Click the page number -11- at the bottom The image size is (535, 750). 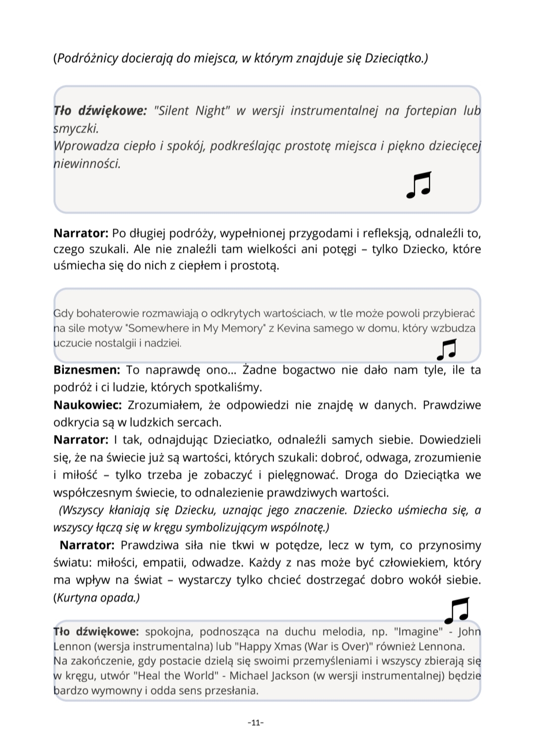255,723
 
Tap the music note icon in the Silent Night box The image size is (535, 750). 419,185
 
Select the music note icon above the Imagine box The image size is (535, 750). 456,610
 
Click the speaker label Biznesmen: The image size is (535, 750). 87,370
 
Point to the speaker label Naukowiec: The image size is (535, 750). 88,405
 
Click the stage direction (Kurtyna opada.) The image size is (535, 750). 97,598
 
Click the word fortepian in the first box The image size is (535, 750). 431,110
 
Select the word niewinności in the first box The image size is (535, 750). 87,164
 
